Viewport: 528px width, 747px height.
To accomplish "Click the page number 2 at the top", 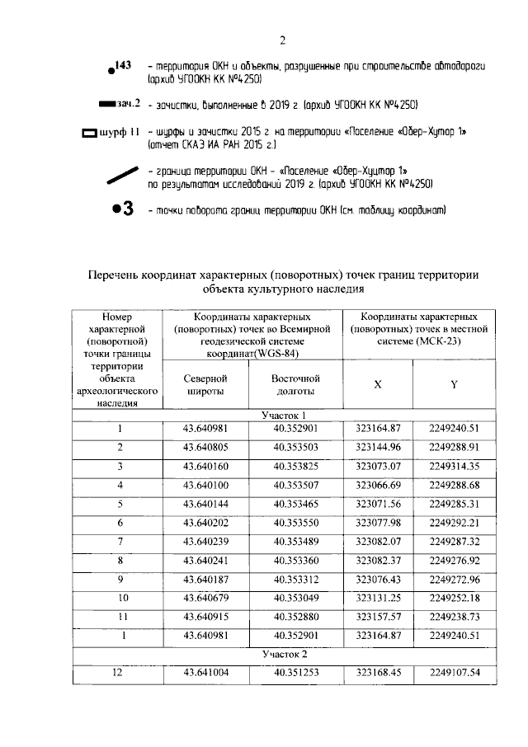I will point(281,40).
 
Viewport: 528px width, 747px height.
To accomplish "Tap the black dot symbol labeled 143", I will point(111,72).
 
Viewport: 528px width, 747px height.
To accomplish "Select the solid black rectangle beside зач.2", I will point(106,105).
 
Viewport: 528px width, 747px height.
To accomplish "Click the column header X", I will point(377,385).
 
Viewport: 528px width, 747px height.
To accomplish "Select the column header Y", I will point(454,385).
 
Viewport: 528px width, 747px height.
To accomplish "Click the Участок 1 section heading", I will point(284,415).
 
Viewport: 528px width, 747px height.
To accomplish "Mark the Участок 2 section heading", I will point(284,654).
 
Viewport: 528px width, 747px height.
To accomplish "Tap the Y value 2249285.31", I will point(454,504).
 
